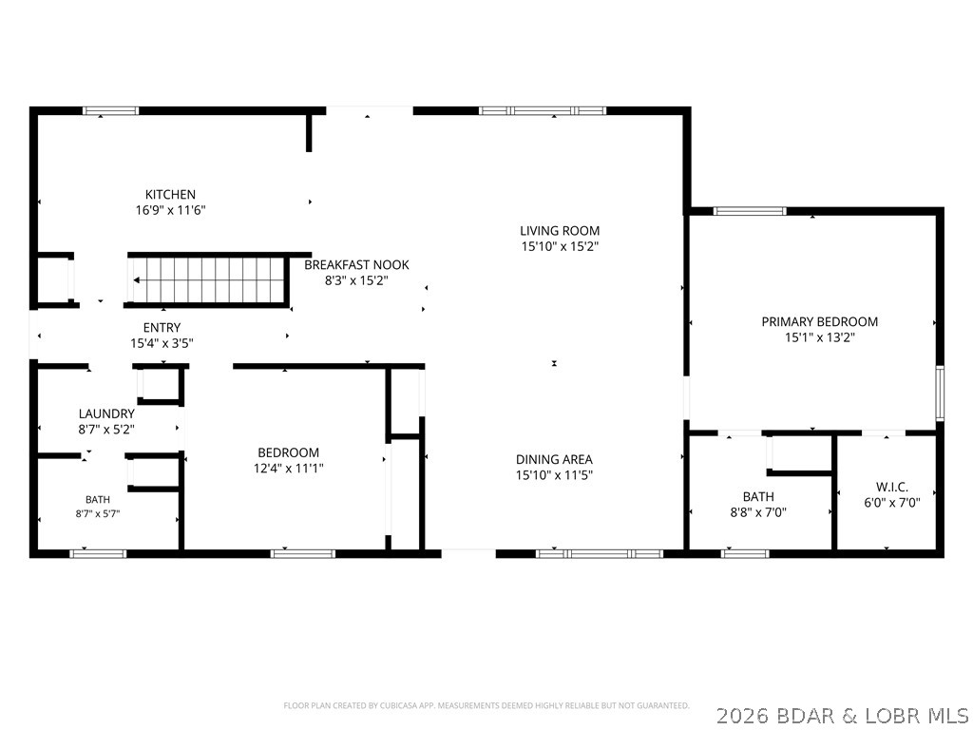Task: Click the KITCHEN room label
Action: click(x=170, y=194)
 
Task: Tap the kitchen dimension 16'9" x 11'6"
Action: click(x=171, y=210)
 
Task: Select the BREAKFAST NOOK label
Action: click(x=357, y=265)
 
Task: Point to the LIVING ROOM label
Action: click(x=560, y=231)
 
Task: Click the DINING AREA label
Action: click(x=554, y=459)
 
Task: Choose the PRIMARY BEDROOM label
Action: click(x=820, y=321)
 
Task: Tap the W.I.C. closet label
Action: click(x=891, y=488)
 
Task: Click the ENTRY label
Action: click(x=162, y=328)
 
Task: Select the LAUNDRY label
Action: click(x=106, y=413)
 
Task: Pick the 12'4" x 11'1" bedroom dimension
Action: click(x=289, y=469)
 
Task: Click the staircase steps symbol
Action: click(x=208, y=280)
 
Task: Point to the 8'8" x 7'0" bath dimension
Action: click(x=758, y=512)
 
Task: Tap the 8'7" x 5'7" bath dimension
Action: click(x=98, y=514)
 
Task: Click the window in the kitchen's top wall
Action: click(x=111, y=111)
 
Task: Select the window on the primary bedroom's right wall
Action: click(x=940, y=394)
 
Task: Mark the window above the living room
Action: click(x=543, y=111)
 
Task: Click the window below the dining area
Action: click(x=600, y=554)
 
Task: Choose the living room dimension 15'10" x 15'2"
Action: click(x=560, y=246)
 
